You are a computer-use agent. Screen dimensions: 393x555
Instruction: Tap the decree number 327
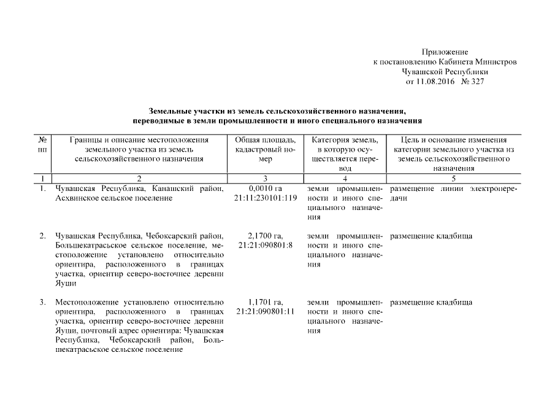tap(477, 82)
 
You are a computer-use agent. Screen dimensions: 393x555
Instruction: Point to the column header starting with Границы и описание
tap(139, 149)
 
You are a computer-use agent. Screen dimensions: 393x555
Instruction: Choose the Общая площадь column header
tap(266, 149)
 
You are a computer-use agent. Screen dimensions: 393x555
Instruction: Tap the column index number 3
tap(266, 179)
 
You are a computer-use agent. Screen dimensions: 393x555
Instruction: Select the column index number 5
tap(454, 179)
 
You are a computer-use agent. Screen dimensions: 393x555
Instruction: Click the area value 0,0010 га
tap(266, 189)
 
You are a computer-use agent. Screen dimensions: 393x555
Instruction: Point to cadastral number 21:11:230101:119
tap(266, 198)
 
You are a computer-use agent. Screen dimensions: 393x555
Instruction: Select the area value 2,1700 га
tap(266, 236)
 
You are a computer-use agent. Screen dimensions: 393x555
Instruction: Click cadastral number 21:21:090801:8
tap(266, 246)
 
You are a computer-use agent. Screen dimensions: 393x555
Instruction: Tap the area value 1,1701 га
tap(266, 302)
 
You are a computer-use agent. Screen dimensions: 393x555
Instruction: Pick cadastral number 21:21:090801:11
tap(266, 312)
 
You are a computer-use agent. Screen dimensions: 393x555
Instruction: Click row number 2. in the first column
tap(42, 236)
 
